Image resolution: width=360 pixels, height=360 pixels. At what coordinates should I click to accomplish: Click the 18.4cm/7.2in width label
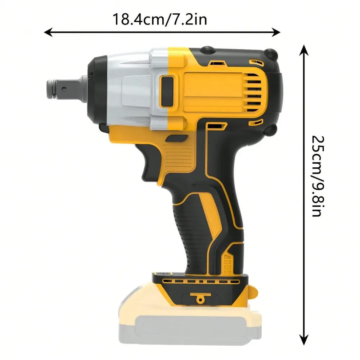(x=160, y=19)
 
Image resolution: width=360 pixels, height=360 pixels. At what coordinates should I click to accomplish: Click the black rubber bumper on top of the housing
(x=207, y=49)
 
